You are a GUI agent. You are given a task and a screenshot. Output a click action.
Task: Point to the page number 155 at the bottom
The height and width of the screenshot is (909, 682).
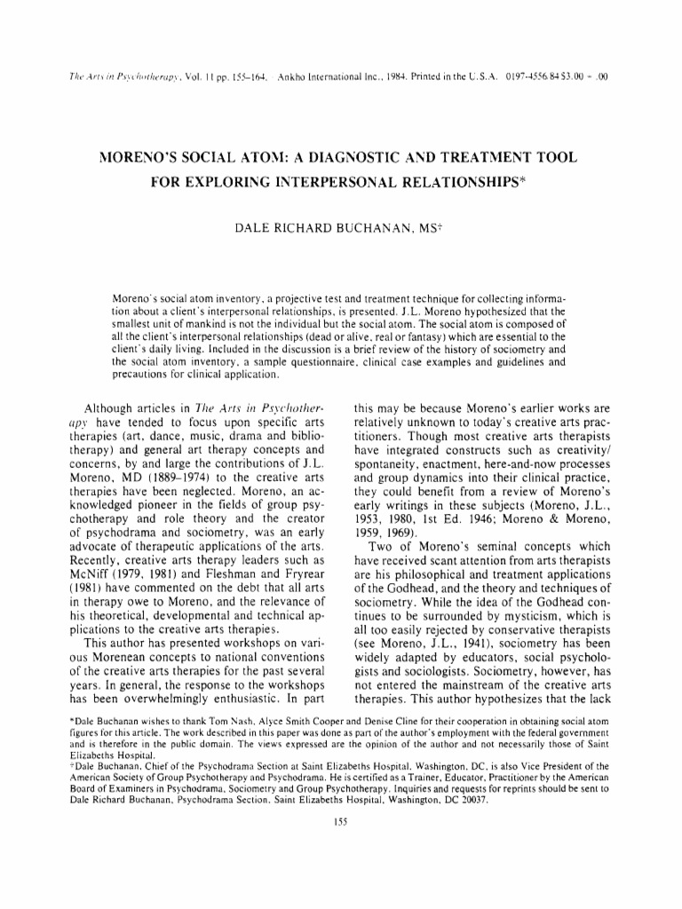click(339, 821)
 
